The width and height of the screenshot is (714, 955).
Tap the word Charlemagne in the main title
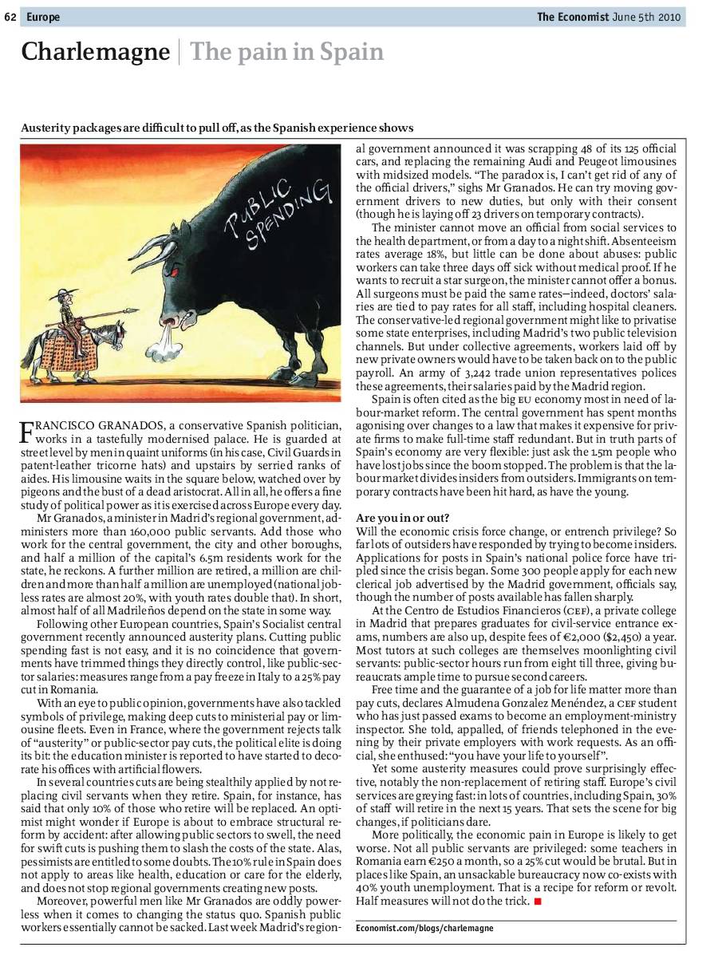click(x=95, y=53)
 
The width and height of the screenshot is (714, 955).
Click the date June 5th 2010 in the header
click(x=648, y=17)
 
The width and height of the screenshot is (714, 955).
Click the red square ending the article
click(x=538, y=902)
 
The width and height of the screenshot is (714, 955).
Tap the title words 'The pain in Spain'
click(x=286, y=53)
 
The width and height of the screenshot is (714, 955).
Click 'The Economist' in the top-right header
click(x=572, y=17)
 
